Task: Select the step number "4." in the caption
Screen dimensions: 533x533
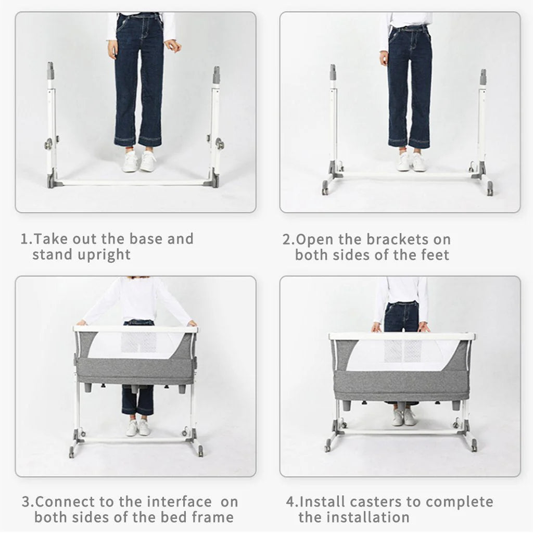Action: click(x=291, y=502)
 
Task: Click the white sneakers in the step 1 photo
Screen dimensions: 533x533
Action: click(x=139, y=161)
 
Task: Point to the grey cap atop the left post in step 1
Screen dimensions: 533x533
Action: click(x=50, y=70)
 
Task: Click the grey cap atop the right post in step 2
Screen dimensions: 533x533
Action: click(x=483, y=77)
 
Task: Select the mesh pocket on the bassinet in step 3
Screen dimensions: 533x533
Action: click(x=139, y=341)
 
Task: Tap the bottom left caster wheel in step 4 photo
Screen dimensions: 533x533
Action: click(x=327, y=446)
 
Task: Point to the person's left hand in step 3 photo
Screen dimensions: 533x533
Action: click(x=192, y=323)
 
